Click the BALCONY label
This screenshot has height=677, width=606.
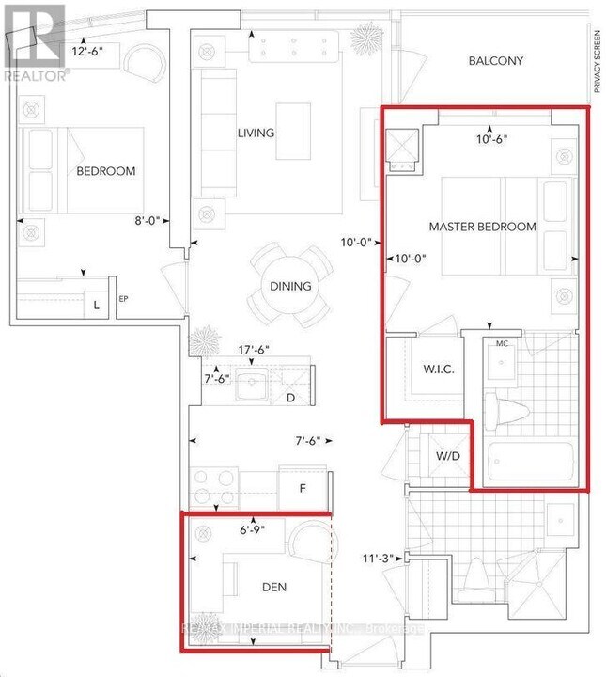496,61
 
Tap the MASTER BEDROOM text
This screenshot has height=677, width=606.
482,227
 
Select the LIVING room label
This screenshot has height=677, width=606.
255,133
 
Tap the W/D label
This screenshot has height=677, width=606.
447,457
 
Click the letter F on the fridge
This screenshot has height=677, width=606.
303,489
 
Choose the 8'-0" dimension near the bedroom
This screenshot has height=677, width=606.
149,221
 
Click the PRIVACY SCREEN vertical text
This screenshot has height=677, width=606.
596,60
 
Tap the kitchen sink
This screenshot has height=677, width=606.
251,382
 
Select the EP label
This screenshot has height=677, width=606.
123,300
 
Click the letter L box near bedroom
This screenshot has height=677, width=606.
95,303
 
